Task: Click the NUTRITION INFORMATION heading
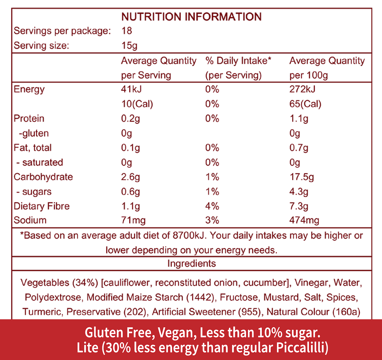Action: tap(191, 17)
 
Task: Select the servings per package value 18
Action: tap(127, 31)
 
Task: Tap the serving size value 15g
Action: tap(129, 46)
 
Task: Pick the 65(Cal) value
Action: tap(305, 104)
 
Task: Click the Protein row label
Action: tap(29, 119)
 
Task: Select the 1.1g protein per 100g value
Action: tap(299, 119)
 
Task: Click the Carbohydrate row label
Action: tap(43, 177)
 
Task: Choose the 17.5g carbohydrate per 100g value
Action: tap(301, 177)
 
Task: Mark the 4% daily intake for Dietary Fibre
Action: tap(212, 206)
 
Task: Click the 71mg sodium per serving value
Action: tap(133, 220)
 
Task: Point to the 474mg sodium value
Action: tap(304, 220)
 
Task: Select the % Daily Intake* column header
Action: tap(239, 61)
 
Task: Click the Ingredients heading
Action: tap(191, 264)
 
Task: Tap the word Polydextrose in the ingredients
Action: tap(54, 298)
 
